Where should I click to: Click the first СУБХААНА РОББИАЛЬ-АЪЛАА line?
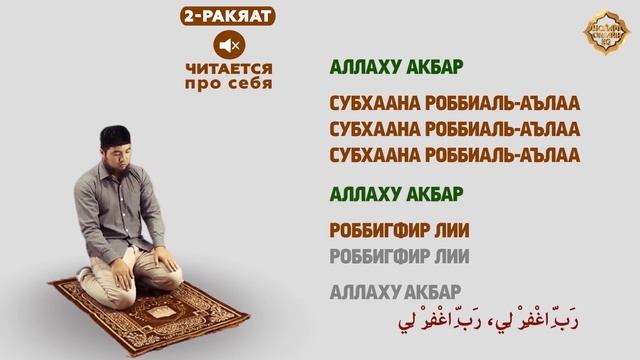(455, 104)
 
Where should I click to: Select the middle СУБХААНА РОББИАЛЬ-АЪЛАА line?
(455, 129)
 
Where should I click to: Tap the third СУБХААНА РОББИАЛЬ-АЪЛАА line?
(455, 154)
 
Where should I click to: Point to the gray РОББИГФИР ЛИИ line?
(399, 256)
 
